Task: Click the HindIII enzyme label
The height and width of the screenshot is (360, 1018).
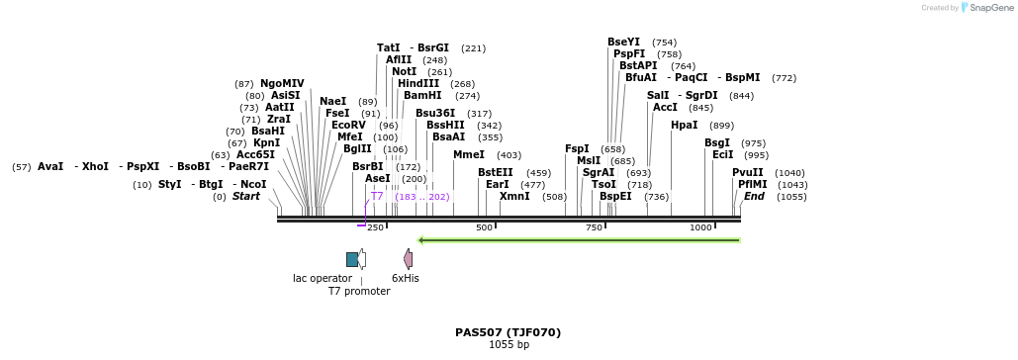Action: click(x=418, y=84)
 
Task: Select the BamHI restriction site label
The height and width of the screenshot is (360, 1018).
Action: click(x=422, y=96)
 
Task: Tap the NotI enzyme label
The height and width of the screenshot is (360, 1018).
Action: click(x=404, y=72)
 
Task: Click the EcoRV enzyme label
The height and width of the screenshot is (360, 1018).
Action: click(x=348, y=126)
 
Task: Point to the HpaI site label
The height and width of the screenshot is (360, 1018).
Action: click(x=684, y=126)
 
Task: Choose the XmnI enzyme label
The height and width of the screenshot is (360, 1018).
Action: click(x=514, y=197)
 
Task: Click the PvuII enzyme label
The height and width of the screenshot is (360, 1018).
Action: click(x=748, y=173)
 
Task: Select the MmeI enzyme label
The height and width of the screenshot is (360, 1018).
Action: click(x=469, y=155)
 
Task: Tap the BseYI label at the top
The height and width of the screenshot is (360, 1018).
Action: click(x=623, y=43)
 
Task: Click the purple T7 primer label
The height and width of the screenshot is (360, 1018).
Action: click(x=377, y=197)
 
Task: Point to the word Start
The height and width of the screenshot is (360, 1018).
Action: click(x=245, y=197)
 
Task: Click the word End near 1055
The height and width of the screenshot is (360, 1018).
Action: click(x=754, y=197)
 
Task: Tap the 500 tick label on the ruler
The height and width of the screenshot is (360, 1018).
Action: click(x=484, y=228)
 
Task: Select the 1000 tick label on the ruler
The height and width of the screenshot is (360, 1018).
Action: click(x=700, y=228)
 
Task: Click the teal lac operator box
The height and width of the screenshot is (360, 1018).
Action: click(x=352, y=259)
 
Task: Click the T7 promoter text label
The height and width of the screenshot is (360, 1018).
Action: click(x=359, y=291)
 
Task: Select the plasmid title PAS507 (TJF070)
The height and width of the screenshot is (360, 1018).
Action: click(x=509, y=332)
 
